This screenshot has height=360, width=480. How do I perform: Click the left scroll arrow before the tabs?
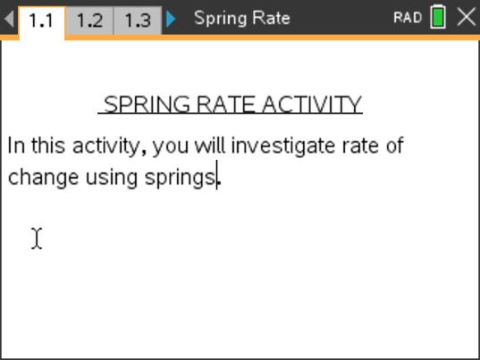pos(9,19)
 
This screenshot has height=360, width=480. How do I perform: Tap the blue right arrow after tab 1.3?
pos(172,19)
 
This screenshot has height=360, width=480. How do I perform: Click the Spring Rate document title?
pos(241,18)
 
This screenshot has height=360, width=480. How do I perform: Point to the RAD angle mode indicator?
pos(407,18)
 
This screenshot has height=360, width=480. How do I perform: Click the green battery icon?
pos(438,18)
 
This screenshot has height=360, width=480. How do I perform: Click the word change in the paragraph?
pos(44,177)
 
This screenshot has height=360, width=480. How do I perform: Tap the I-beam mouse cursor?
pos(37,239)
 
